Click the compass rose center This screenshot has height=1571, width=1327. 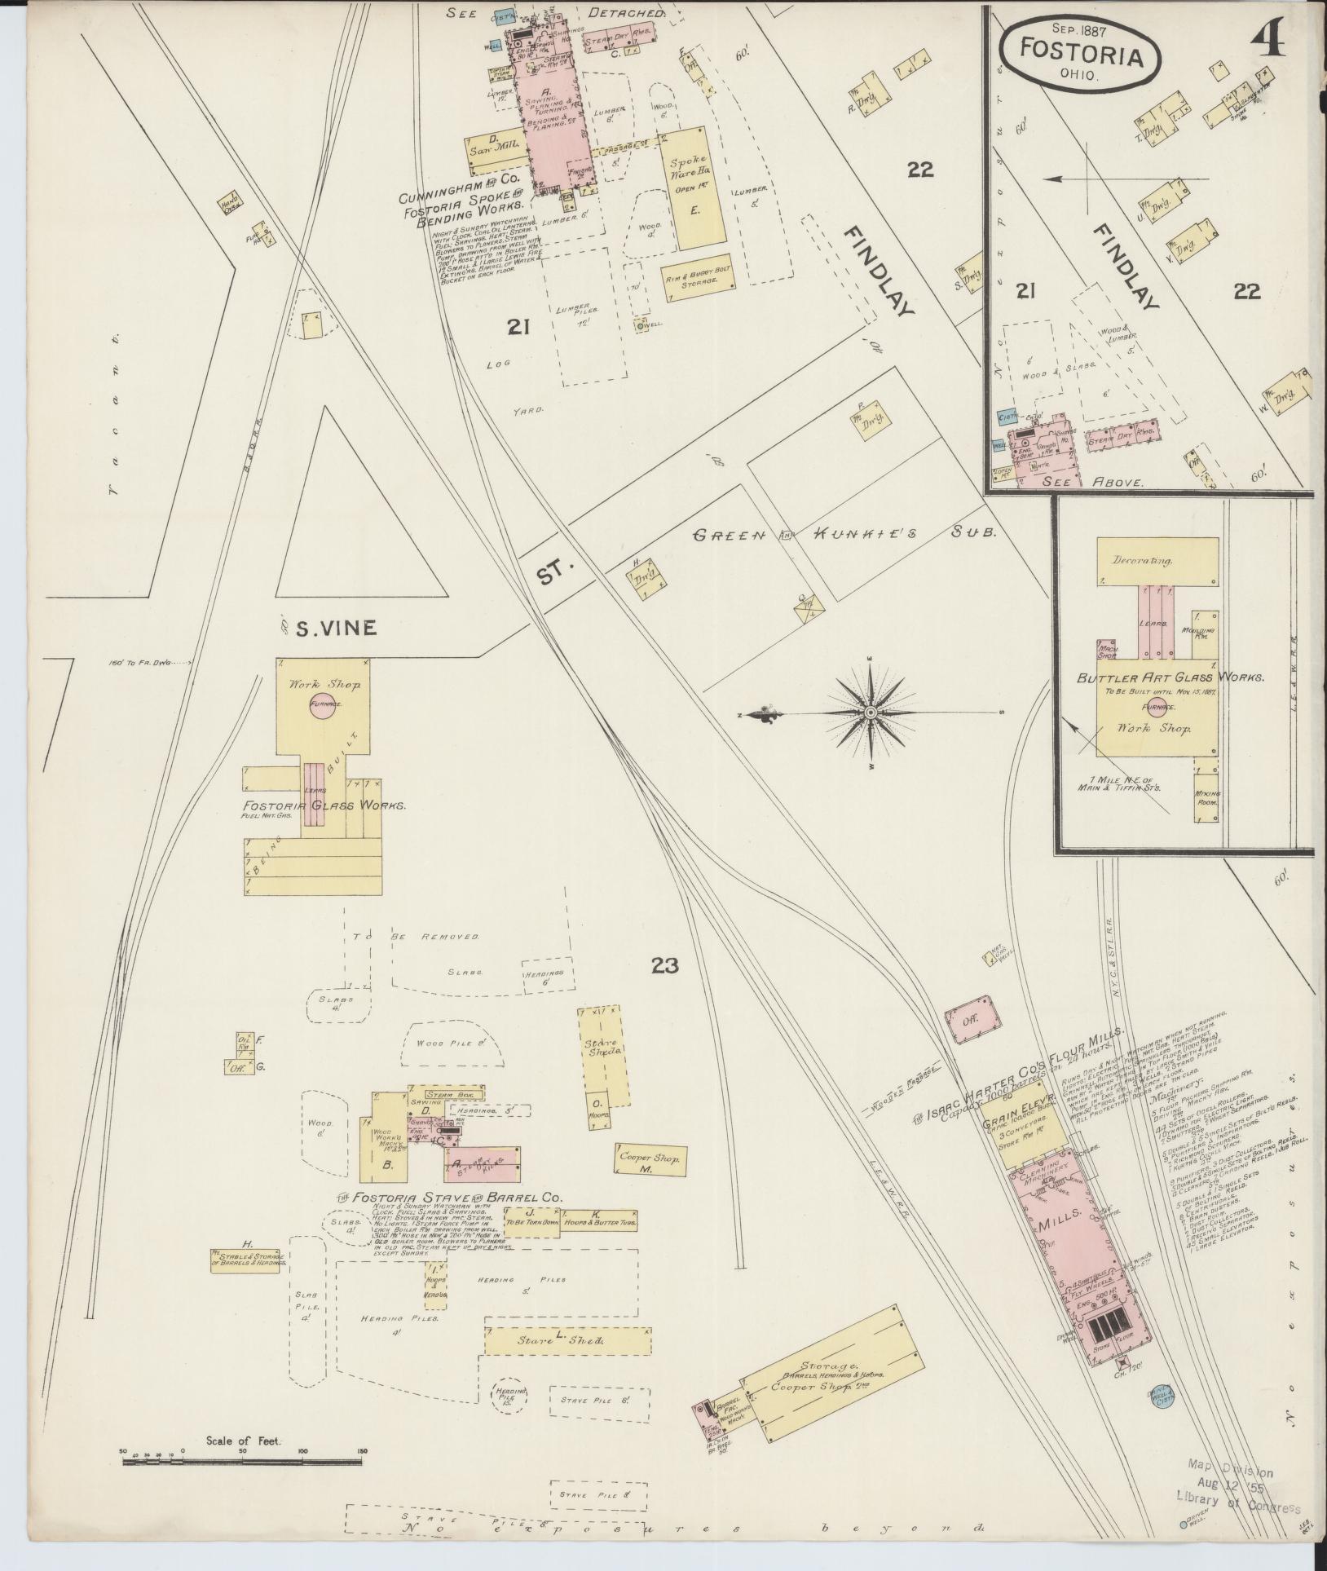point(871,713)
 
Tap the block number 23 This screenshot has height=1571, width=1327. point(664,965)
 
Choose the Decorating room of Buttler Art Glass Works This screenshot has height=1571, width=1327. point(1157,562)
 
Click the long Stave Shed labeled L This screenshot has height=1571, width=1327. point(568,1340)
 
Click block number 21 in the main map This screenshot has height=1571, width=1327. point(518,327)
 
